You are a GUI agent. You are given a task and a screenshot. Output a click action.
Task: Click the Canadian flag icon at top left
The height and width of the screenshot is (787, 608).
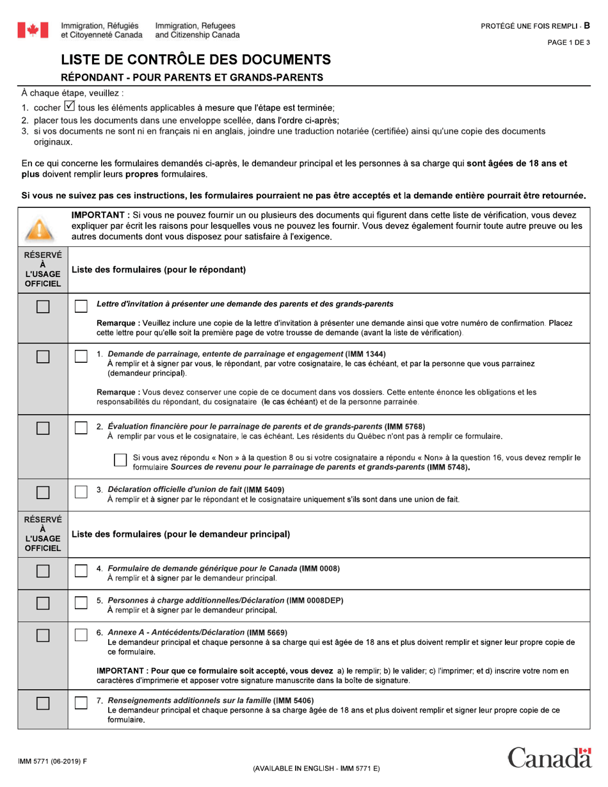[33, 30]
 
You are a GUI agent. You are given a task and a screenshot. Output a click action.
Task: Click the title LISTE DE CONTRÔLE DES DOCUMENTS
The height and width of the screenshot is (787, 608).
[196, 61]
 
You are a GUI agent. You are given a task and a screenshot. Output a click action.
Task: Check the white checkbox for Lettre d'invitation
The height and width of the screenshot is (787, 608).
[81, 306]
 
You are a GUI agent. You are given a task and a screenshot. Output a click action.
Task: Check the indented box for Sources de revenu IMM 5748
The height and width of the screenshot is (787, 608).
[120, 461]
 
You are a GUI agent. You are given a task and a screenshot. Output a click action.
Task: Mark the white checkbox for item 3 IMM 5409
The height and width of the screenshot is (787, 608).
[81, 492]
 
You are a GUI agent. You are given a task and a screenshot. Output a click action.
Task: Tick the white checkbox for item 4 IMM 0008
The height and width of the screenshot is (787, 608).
[81, 571]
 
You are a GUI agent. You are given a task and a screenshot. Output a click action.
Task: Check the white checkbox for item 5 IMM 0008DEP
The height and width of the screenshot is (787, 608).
[81, 603]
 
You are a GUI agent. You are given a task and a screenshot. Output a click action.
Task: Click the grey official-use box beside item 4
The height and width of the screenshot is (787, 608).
[42, 571]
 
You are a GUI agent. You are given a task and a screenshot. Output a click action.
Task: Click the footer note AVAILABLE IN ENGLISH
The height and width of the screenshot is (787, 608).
[316, 768]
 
